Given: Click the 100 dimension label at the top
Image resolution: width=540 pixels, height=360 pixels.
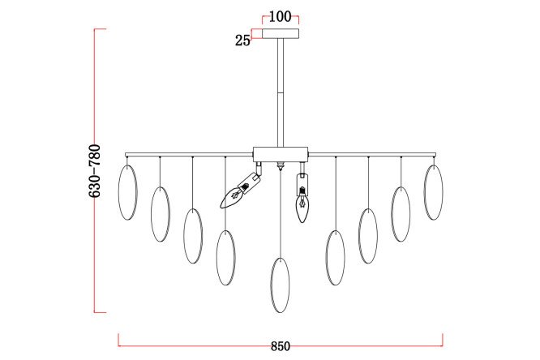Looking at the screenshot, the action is coord(280,16).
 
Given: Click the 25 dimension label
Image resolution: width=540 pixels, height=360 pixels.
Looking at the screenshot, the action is coord(242,41).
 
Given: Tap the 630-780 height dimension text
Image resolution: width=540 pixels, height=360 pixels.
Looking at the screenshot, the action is coord(95,171).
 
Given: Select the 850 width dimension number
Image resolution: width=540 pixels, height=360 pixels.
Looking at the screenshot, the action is coord(281,346).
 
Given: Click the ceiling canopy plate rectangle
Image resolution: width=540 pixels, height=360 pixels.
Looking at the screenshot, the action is coord(281,33).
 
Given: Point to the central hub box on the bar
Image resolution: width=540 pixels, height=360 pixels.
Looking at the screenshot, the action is coord(281,154).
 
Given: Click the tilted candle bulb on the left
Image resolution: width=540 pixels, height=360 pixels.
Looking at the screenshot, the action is coord(240,191).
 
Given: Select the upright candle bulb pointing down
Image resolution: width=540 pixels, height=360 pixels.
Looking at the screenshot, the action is coord(302,199).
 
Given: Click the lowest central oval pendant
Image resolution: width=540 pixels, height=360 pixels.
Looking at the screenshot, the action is coord(280,285).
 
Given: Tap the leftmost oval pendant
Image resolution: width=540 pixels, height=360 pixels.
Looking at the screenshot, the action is coord(128,192).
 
